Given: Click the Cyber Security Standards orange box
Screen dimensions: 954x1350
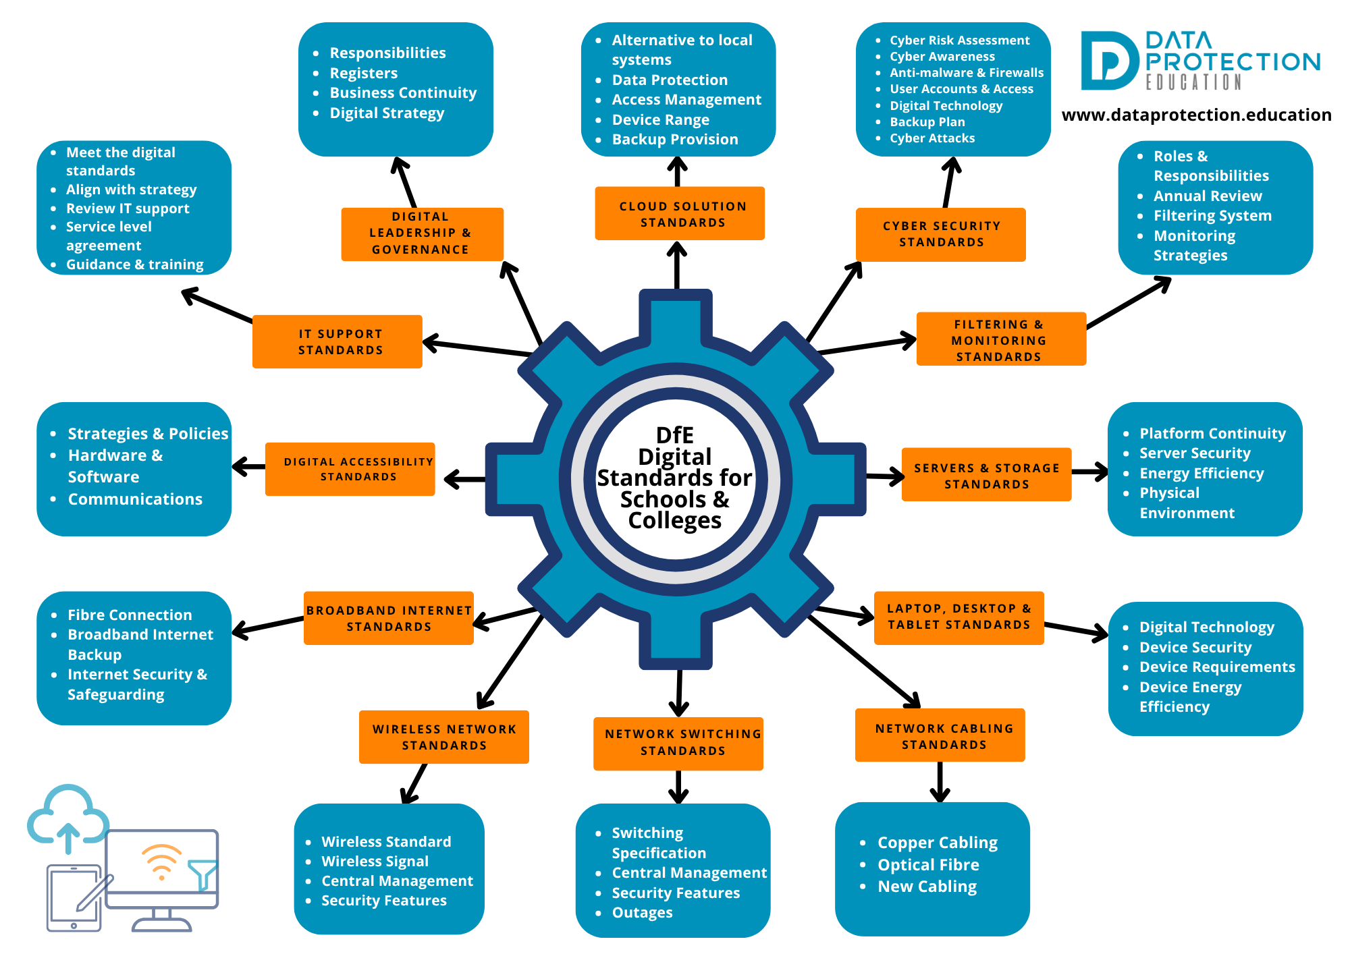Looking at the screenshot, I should click(x=940, y=234).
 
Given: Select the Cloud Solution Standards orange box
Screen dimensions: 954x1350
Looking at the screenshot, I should click(x=679, y=213).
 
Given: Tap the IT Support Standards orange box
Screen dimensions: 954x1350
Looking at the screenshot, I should click(x=337, y=341).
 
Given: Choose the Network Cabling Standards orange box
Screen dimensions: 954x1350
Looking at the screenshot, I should click(x=940, y=735).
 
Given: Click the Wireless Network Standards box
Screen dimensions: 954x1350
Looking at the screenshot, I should click(x=443, y=737).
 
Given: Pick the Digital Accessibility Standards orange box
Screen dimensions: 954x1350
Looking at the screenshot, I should click(x=350, y=469).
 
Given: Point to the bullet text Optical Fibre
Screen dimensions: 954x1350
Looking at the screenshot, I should click(x=927, y=865).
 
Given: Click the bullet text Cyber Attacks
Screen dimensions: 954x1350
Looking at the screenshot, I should click(x=932, y=138).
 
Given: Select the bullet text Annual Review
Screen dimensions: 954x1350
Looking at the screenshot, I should click(x=1207, y=196).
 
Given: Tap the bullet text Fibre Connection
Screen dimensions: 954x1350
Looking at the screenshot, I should click(x=130, y=615).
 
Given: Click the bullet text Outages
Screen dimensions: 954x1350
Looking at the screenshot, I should click(x=642, y=913).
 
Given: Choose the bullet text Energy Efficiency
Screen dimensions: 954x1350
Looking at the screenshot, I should click(x=1201, y=474).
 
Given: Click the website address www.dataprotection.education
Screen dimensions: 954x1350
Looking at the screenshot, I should click(x=1196, y=115).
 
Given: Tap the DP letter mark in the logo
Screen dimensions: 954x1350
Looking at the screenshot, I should click(x=1108, y=61).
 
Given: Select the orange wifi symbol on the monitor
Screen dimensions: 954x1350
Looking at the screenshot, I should click(x=161, y=861).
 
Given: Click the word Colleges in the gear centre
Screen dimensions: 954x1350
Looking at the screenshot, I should click(x=674, y=521).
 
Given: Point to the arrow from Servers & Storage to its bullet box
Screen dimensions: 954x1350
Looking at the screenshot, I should click(x=1089, y=472).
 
